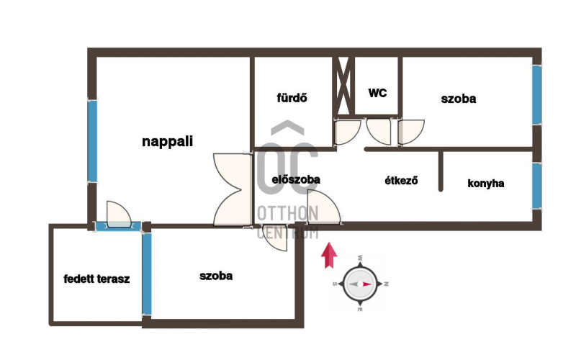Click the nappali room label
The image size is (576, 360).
click(x=167, y=142)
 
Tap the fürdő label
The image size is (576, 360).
click(x=292, y=98)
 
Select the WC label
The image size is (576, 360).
click(x=377, y=93)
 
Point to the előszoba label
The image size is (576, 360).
click(x=296, y=179)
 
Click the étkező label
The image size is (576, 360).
click(x=402, y=181)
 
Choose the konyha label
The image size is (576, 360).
click(x=486, y=183)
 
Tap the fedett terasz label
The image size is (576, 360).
click(x=96, y=279)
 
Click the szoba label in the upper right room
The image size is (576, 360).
click(x=459, y=99)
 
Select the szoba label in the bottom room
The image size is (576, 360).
click(x=215, y=275)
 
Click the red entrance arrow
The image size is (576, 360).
click(x=329, y=255)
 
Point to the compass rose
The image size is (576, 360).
click(x=360, y=284)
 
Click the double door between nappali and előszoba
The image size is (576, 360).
click(x=232, y=189)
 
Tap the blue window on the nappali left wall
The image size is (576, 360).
click(x=92, y=141)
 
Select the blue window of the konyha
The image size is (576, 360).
click(x=536, y=185)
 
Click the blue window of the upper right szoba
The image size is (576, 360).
click(x=536, y=95)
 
